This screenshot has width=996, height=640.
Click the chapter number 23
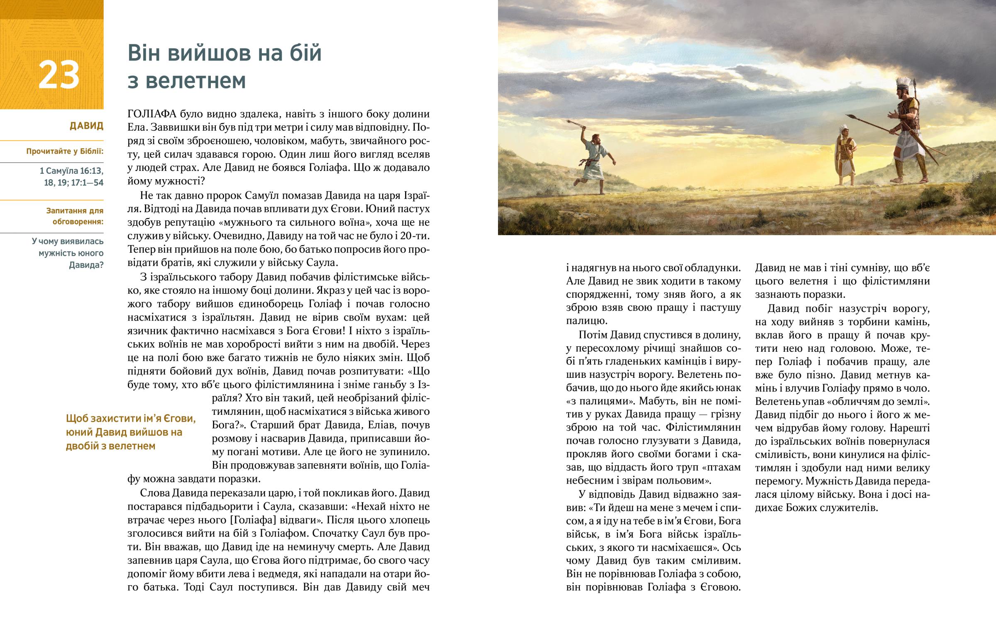click(59, 75)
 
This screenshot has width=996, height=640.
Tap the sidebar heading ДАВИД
click(86, 126)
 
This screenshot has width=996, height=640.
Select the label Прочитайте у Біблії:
click(65, 151)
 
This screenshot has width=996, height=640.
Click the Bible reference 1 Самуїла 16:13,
click(71, 171)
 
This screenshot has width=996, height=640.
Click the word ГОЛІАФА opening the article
click(152, 114)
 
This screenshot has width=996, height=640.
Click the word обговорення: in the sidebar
click(78, 221)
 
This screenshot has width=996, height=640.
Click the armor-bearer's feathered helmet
click(843, 129)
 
